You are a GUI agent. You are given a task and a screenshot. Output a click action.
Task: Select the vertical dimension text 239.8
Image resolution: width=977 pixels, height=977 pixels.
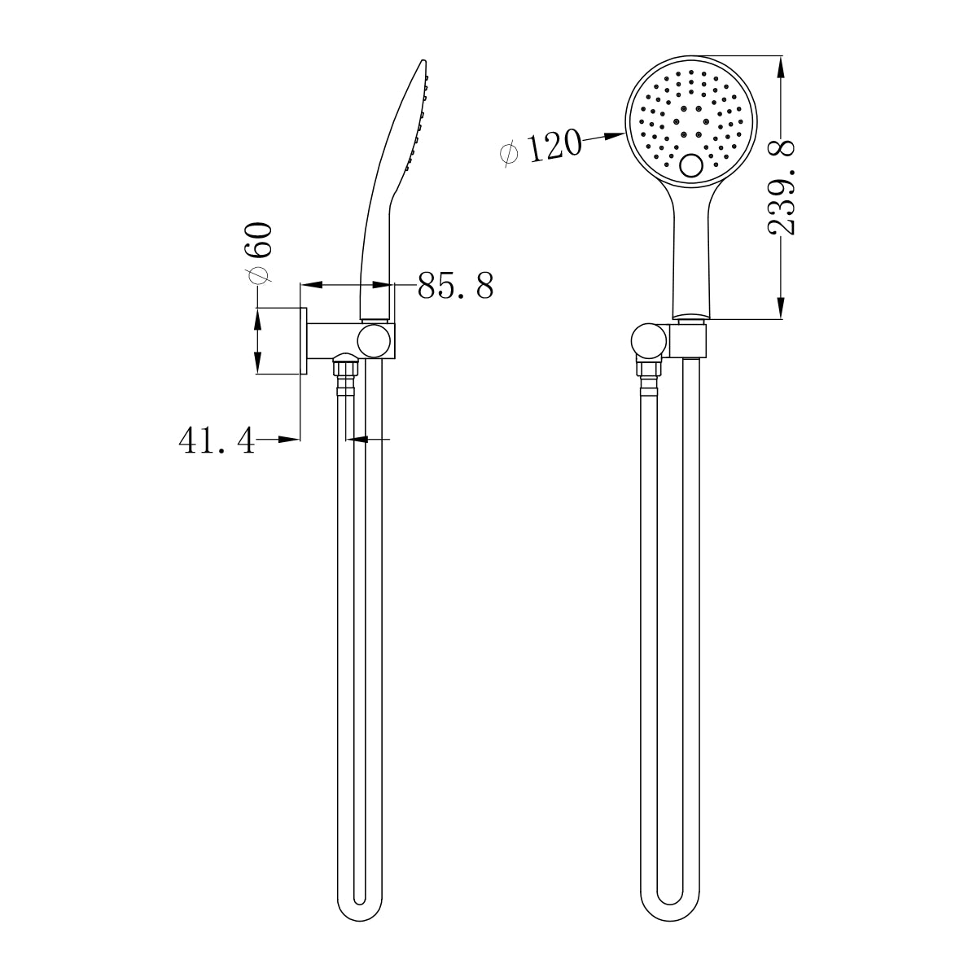coord(782,188)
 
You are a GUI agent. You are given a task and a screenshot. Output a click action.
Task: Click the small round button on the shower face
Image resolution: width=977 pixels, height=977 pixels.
coord(692,167)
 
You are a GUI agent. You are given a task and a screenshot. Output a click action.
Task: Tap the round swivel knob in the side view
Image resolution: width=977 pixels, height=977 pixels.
coord(376,340)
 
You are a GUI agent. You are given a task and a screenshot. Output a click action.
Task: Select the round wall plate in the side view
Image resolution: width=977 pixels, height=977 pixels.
coord(303,341)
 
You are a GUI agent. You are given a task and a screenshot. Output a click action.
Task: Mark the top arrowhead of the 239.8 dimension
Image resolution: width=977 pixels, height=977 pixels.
coord(782,65)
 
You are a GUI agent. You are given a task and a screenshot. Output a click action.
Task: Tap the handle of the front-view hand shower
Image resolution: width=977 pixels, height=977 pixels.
coord(692,261)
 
